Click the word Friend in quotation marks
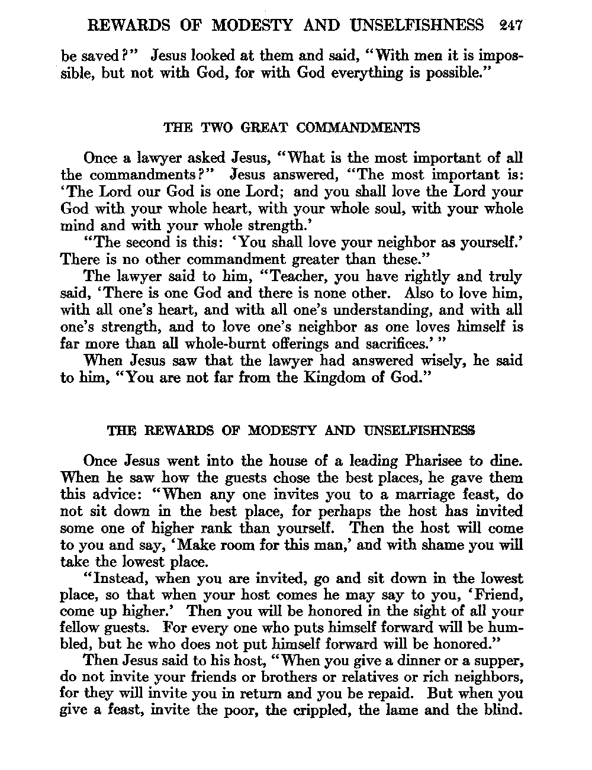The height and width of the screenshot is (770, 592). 499,595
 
